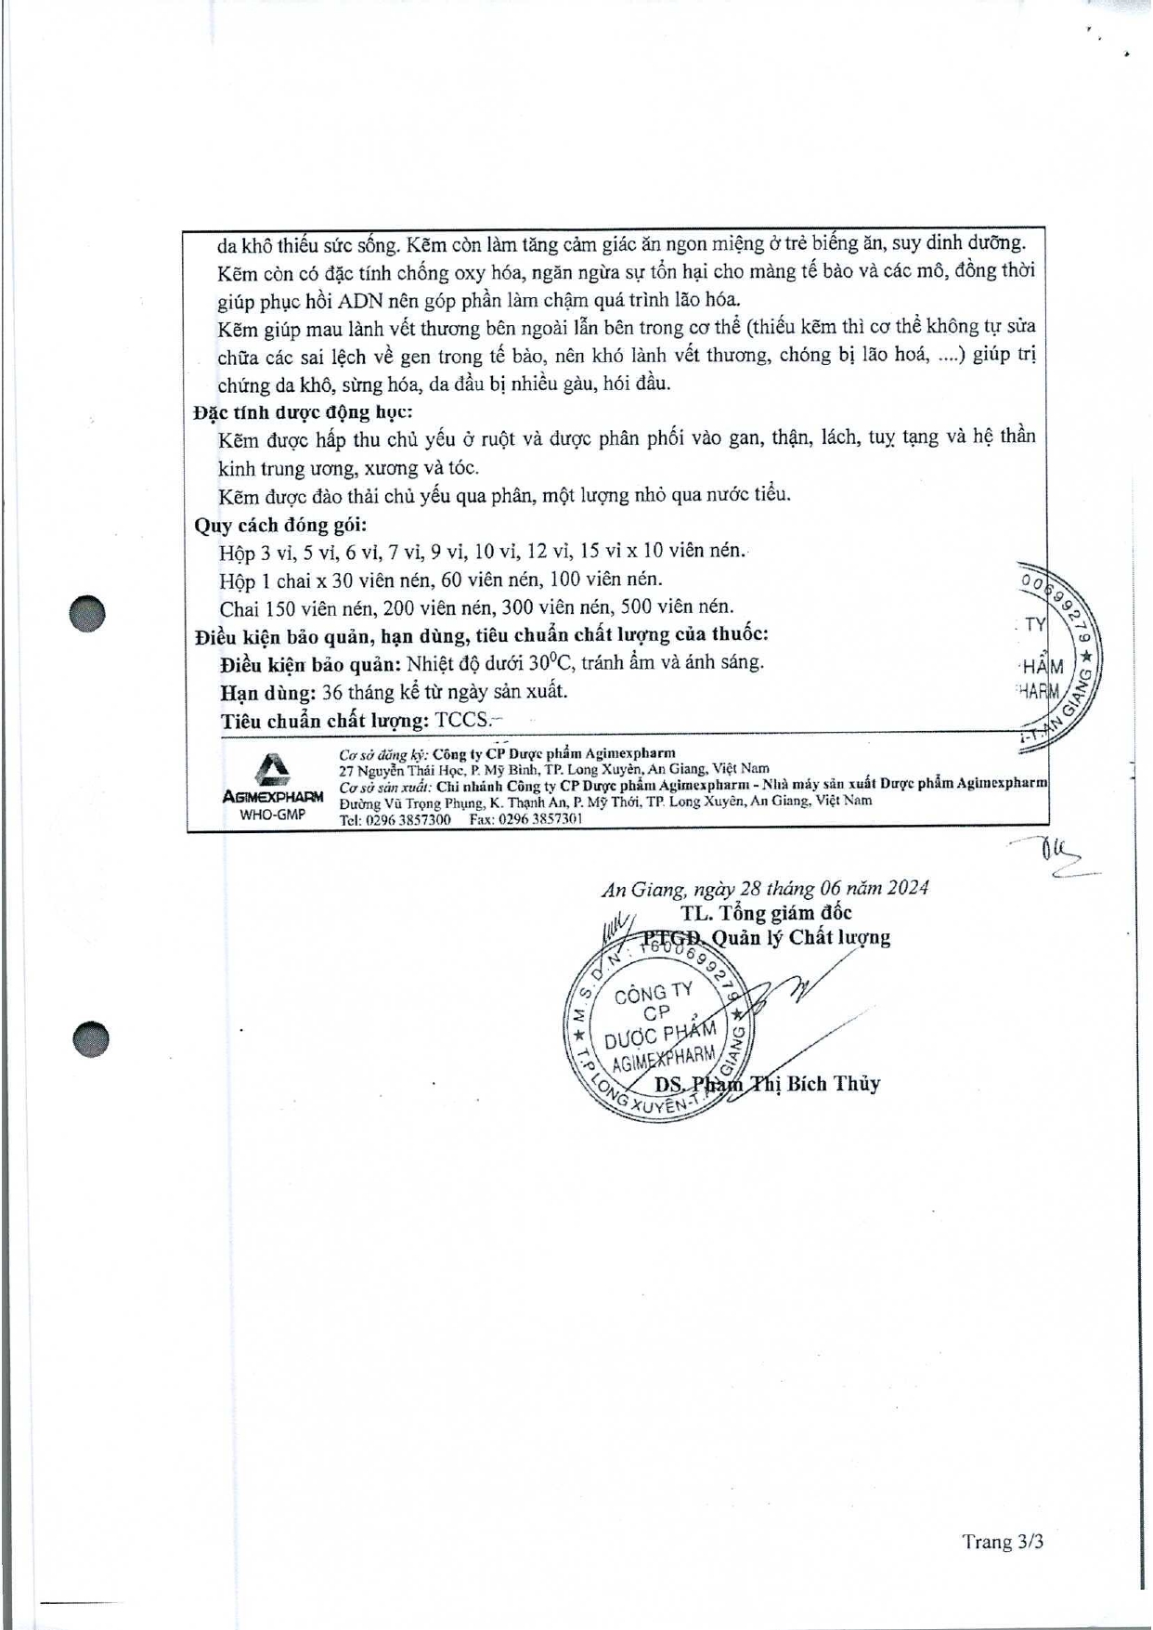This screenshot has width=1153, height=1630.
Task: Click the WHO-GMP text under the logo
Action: tap(272, 815)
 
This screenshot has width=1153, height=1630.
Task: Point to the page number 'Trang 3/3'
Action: tap(1003, 1542)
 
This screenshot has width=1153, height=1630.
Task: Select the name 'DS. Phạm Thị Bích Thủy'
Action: tap(767, 1084)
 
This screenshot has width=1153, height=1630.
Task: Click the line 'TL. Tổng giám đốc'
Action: tap(766, 913)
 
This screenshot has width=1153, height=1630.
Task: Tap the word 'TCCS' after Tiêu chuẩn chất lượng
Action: tap(461, 720)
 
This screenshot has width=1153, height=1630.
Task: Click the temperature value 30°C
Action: tap(549, 663)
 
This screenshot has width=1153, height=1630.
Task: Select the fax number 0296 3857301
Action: tap(539, 820)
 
